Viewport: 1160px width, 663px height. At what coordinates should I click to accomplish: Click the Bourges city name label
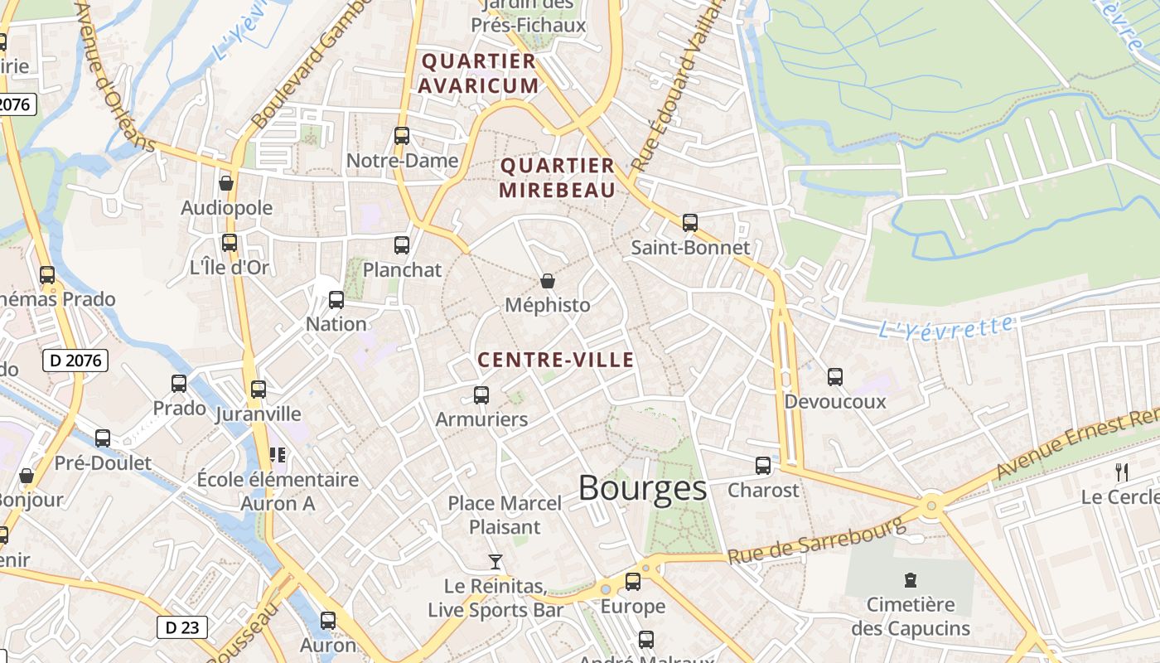point(642,488)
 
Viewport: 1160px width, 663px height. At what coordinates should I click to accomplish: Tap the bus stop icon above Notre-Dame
point(402,136)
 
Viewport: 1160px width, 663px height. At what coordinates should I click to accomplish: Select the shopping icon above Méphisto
point(547,281)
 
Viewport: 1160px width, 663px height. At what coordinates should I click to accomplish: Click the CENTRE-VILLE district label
point(556,360)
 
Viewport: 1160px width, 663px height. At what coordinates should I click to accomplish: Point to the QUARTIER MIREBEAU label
point(558,177)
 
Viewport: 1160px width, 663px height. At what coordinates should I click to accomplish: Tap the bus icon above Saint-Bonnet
point(690,222)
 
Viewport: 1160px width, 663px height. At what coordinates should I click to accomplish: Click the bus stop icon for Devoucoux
point(835,377)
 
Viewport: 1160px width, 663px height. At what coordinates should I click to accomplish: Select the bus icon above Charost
point(763,466)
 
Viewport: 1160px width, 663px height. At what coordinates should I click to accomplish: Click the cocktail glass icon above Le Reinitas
point(495,562)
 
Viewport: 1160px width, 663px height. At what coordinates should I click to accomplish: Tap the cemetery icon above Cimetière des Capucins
point(911,579)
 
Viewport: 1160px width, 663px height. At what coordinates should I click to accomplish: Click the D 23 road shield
point(182,627)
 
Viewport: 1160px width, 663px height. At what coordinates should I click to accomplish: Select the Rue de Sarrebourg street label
point(816,541)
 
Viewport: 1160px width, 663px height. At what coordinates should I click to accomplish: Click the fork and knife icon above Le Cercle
point(1122,472)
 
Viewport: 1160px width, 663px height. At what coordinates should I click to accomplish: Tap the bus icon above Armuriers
point(481,395)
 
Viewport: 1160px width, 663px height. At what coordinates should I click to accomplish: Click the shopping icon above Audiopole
point(226,183)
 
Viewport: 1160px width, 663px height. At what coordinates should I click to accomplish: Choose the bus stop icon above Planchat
point(402,244)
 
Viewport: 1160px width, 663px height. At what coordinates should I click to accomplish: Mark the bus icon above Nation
point(336,300)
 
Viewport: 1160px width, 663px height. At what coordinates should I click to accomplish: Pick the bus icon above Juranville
point(259,389)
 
